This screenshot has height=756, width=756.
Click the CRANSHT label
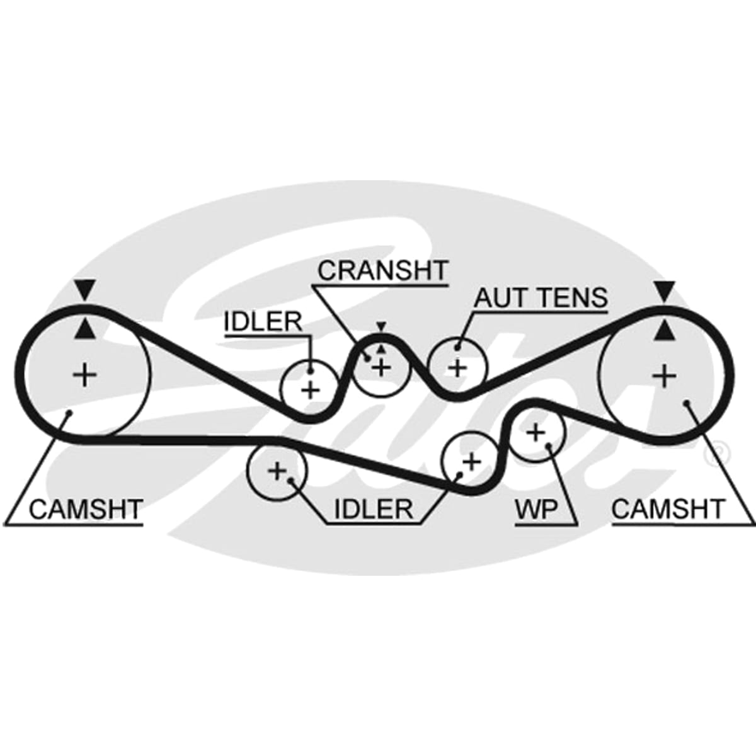382,270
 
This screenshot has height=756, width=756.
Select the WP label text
536,509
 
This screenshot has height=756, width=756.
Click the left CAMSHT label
85,509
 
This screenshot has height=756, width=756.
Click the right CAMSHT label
667,509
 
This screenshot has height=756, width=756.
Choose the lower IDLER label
373,509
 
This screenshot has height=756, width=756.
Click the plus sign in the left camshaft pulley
85,375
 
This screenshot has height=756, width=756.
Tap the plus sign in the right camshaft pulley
664,376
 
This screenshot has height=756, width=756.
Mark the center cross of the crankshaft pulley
381,367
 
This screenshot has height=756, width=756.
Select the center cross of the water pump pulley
535,433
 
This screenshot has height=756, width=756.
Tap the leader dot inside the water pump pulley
549,445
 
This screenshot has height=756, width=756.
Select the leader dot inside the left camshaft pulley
70,412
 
